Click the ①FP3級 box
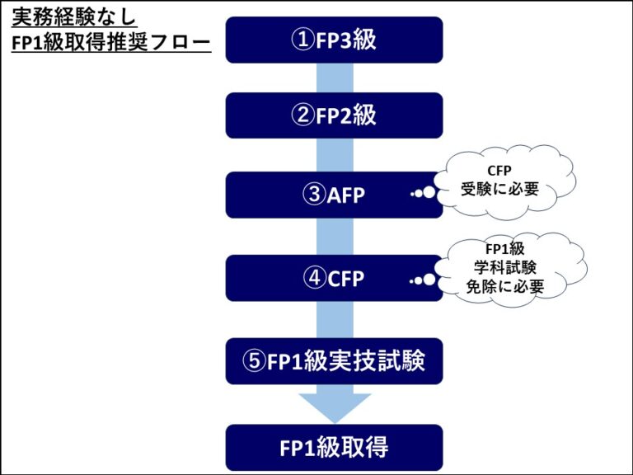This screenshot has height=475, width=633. [334, 40]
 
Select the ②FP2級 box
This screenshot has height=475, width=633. [334, 115]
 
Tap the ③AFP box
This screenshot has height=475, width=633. [334, 195]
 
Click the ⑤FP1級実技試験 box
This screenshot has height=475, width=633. [334, 360]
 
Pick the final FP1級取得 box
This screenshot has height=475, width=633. [334, 448]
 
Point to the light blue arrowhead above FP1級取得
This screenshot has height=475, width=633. [335, 403]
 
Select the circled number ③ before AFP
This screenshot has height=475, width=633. [314, 195]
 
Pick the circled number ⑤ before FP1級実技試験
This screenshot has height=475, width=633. [256, 360]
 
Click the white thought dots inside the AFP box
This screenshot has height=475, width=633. [424, 195]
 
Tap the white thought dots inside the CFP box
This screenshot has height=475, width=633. [424, 280]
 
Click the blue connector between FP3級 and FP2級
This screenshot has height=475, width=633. [335, 78]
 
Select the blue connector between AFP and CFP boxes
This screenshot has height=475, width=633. [335, 237]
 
